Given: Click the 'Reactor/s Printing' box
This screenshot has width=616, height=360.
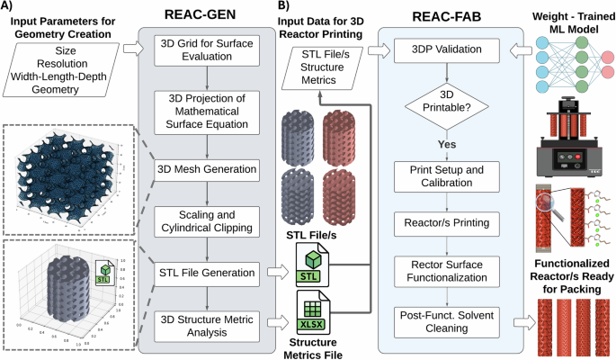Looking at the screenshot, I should [444, 222].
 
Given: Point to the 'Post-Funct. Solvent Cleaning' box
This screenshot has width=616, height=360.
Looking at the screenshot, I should [444, 319].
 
